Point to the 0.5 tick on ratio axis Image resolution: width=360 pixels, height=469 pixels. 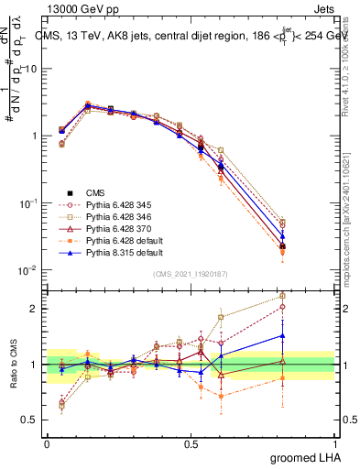point(32,420)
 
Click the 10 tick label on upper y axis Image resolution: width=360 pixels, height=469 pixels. point(32,69)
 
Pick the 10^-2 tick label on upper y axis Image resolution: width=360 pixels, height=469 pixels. point(27,270)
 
